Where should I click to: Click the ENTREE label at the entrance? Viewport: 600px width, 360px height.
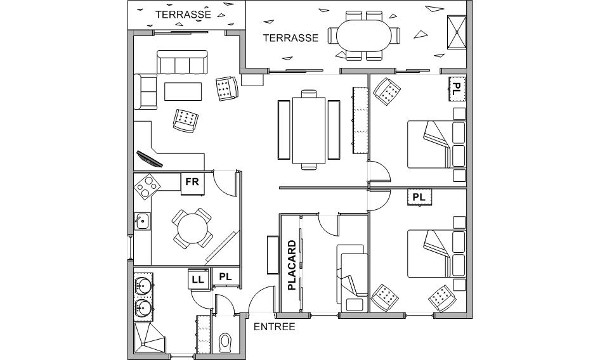(x=275, y=326)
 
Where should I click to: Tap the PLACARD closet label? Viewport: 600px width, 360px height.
(x=292, y=265)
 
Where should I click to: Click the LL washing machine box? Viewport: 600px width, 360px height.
(x=198, y=280)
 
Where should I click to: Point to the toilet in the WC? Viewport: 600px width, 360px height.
(x=225, y=342)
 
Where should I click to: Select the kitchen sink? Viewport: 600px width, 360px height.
(x=142, y=221)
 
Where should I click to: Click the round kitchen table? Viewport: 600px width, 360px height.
(x=192, y=228)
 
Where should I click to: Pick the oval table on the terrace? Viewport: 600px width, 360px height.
(x=364, y=36)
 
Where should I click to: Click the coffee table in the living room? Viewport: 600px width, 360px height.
(x=183, y=92)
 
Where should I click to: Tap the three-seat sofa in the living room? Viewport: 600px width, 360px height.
(x=182, y=62)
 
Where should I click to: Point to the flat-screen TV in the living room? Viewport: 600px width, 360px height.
(x=150, y=159)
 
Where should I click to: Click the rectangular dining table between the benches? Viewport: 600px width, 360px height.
(x=309, y=131)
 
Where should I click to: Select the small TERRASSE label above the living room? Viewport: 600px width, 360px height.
(x=183, y=15)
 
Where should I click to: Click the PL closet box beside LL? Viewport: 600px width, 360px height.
(x=226, y=277)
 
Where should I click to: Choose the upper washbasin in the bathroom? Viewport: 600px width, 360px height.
(x=143, y=285)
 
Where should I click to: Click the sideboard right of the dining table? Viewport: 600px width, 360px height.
(x=360, y=120)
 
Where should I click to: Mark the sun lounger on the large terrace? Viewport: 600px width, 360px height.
(x=457, y=32)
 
